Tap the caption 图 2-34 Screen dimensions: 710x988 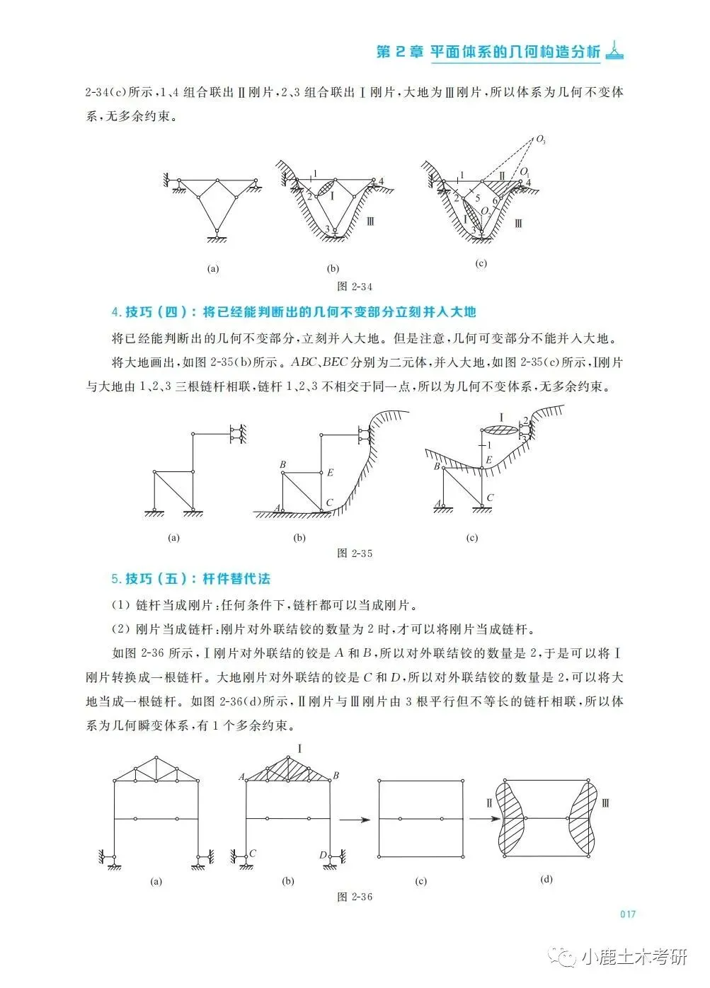[355, 287]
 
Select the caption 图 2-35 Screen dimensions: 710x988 [355, 553]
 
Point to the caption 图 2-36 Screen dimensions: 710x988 [355, 897]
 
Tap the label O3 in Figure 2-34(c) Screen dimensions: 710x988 [542, 141]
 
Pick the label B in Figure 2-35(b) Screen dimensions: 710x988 [282, 465]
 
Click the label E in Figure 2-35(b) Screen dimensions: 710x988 [330, 473]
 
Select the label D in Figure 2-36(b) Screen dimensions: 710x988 [323, 855]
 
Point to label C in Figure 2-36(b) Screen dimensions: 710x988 [252, 854]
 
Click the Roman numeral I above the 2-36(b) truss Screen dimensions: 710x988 [299, 749]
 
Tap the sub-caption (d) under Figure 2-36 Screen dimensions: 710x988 [546, 880]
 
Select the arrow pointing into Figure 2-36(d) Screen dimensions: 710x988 [481, 820]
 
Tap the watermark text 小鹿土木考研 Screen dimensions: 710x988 [634, 958]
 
